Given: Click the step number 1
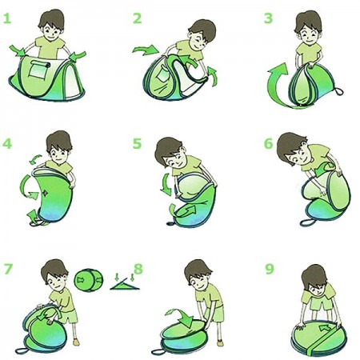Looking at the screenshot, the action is (7, 18).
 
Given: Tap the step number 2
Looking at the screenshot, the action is (137, 18).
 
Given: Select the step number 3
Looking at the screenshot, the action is (268, 18).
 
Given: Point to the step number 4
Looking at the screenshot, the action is (7, 143).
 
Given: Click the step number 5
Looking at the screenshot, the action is (137, 143).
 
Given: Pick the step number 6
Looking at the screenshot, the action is (269, 143).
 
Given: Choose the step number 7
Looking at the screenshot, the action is (8, 269).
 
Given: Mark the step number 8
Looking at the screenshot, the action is (138, 269).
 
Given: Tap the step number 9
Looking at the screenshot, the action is (270, 269).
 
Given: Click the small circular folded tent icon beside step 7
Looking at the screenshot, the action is (88, 280).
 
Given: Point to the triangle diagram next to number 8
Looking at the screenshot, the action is (125, 284).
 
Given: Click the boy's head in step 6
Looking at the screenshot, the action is (293, 149).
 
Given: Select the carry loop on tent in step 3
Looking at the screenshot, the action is (338, 91).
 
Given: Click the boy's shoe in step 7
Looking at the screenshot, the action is (76, 342).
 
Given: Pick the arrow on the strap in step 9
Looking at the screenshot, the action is (326, 328).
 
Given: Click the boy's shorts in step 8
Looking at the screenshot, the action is (216, 314).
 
